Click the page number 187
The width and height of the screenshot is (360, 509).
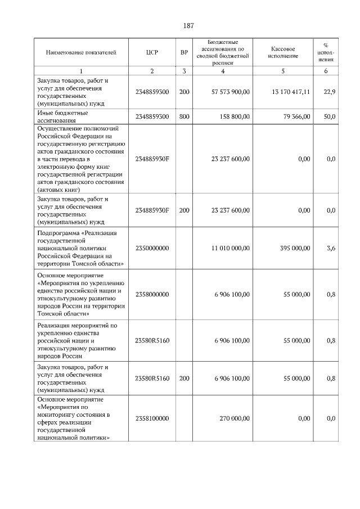pos(188,25)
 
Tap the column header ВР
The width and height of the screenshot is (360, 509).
pos(184,52)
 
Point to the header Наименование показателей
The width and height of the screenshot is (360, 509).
pos(81,52)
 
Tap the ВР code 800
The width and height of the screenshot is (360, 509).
pos(184,116)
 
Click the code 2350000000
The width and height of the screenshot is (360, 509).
pos(152,248)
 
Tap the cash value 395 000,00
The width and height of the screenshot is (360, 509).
pos(292,248)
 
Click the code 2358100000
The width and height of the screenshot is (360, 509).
pos(152,418)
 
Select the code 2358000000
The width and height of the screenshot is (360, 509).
pos(152,294)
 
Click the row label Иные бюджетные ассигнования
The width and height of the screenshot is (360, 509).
pos(62,116)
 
